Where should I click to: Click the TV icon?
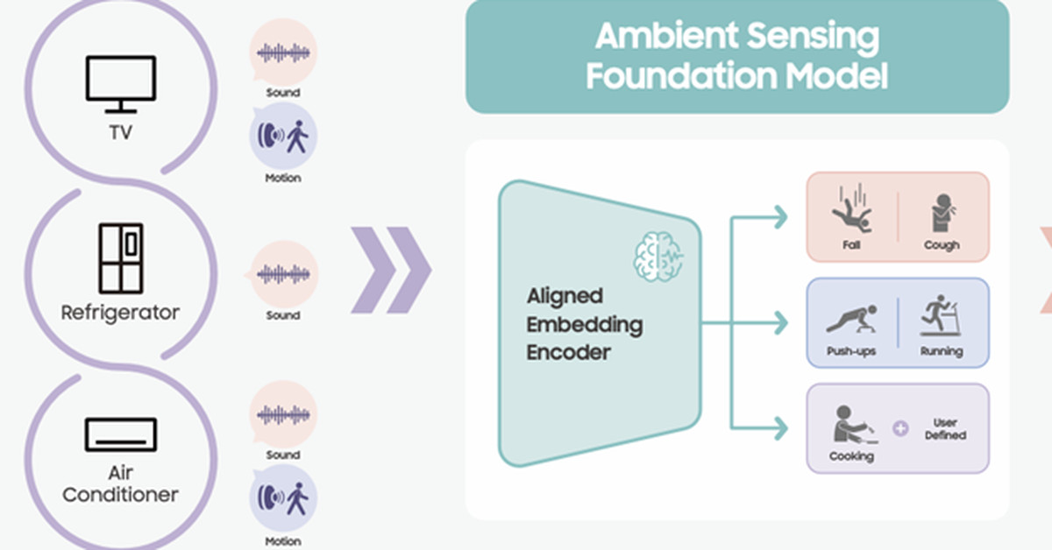click(x=121, y=84)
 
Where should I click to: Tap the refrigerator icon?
click(x=121, y=257)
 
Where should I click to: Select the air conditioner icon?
click(x=121, y=434)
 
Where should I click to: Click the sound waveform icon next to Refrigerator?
click(x=283, y=274)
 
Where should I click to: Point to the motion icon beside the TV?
click(x=283, y=137)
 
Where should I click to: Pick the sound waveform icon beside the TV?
click(x=283, y=52)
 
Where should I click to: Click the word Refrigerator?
click(x=120, y=312)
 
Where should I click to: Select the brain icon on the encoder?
click(x=657, y=257)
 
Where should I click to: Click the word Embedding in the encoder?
click(x=585, y=325)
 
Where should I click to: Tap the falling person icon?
click(x=850, y=210)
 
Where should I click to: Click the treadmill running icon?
click(x=941, y=316)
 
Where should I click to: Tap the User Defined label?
click(x=944, y=429)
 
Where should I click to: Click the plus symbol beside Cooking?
click(x=899, y=429)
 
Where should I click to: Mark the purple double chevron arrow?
click(x=391, y=270)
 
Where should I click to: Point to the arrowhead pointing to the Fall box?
click(x=778, y=216)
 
